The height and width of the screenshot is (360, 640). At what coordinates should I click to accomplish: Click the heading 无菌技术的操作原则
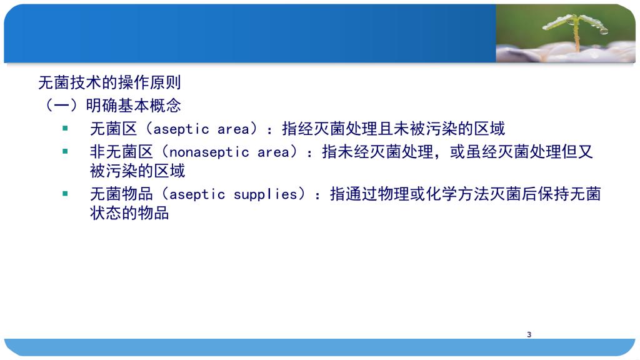[x=109, y=82]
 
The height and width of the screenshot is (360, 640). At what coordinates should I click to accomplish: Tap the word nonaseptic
[x=209, y=152]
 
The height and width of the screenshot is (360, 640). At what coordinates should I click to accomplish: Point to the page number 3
[x=529, y=335]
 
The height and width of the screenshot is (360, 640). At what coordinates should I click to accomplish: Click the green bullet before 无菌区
[x=65, y=128]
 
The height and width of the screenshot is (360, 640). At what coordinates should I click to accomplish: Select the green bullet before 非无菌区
[x=65, y=151]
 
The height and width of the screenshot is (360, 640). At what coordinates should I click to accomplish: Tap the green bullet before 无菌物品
[x=65, y=194]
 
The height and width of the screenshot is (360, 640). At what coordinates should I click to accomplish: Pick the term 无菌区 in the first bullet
[x=114, y=129]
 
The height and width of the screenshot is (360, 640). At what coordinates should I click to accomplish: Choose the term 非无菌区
[x=122, y=152]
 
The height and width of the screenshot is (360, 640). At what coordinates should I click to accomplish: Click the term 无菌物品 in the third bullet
[x=122, y=194]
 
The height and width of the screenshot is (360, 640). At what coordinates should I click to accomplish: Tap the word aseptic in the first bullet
[x=181, y=130]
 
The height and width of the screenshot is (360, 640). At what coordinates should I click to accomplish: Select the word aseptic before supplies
[x=197, y=195]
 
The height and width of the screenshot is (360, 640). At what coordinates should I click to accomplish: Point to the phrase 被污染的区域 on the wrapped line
[x=137, y=171]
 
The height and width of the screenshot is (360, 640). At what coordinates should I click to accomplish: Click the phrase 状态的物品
[x=129, y=213]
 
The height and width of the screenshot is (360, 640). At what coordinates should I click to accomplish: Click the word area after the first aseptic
[x=233, y=130]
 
